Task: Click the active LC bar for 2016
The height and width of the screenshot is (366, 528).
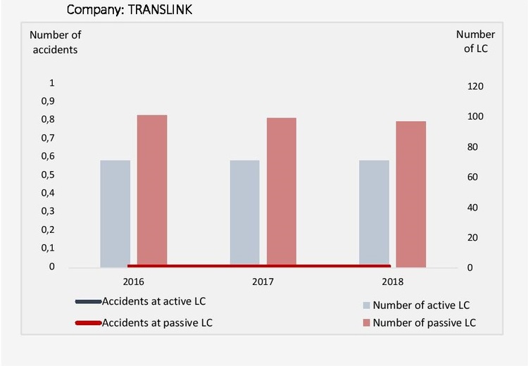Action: tap(115, 213)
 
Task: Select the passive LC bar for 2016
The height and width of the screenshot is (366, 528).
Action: tap(152, 190)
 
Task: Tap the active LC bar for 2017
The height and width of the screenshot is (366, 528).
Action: tap(244, 213)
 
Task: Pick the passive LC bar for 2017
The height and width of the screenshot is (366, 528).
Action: tap(282, 191)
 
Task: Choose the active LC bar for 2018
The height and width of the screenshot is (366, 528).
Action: tap(374, 213)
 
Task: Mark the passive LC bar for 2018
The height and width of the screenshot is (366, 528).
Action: tap(411, 194)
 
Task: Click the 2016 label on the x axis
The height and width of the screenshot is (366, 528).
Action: tap(134, 282)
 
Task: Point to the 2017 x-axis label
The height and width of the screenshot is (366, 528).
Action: tap(263, 282)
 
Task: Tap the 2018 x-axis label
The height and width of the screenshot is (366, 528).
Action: tap(393, 282)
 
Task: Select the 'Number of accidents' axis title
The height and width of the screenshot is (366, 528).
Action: tap(54, 42)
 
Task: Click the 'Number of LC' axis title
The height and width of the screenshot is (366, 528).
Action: tap(475, 42)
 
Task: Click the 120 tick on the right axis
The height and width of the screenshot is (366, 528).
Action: tap(477, 86)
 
